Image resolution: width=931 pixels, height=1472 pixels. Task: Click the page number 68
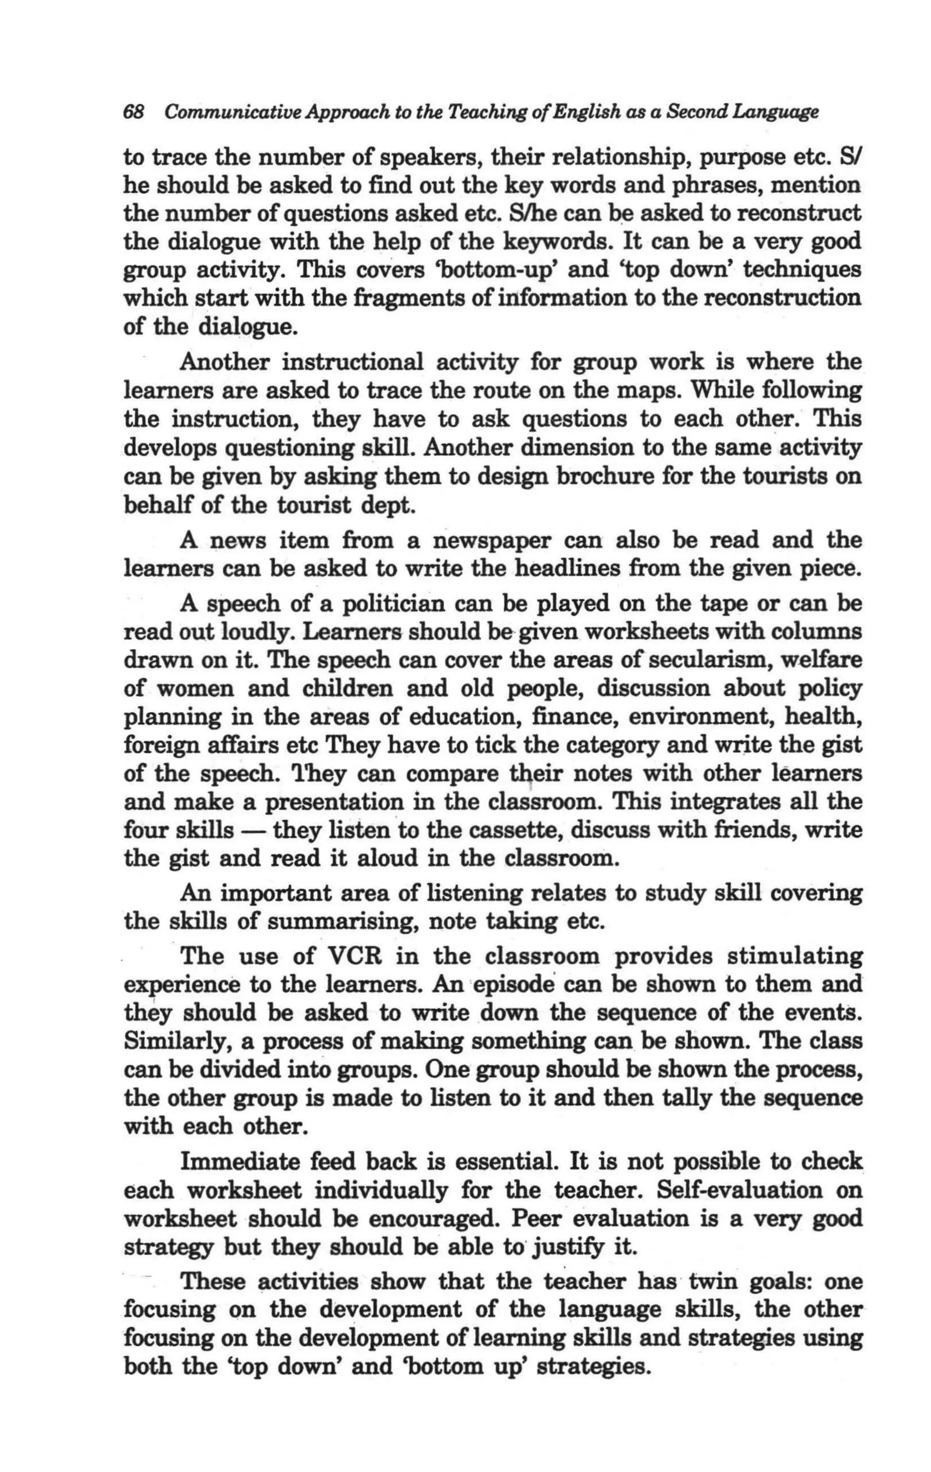(134, 112)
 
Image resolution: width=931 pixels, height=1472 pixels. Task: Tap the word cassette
(522, 830)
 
